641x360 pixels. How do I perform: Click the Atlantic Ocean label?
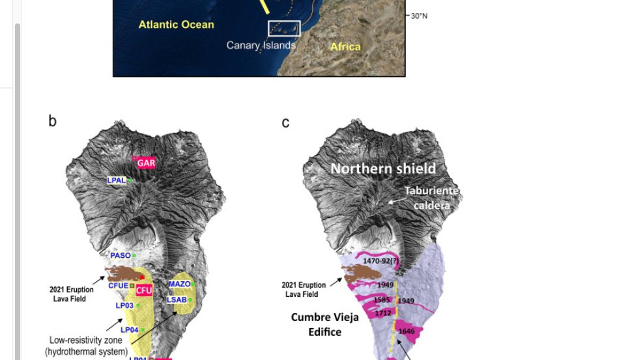[x=176, y=25]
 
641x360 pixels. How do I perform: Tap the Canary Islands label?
[x=261, y=46]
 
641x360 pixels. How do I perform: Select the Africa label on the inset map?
[x=345, y=46]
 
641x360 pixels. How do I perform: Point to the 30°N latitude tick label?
[x=419, y=16]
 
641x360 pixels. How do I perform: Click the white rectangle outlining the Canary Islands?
[x=284, y=28]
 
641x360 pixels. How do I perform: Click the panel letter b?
[x=52, y=121]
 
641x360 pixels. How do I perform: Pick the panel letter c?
[x=285, y=122]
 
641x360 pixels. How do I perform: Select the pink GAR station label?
[x=146, y=163]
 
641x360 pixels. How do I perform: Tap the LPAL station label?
[x=117, y=180]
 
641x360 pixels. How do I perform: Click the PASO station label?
[x=121, y=256]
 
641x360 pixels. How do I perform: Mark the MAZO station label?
[x=179, y=284]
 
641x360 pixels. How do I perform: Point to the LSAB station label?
[x=177, y=299]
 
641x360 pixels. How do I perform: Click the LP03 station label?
[x=124, y=305]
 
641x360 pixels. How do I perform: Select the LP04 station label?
[x=129, y=330]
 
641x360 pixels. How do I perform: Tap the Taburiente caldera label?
[x=431, y=198]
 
